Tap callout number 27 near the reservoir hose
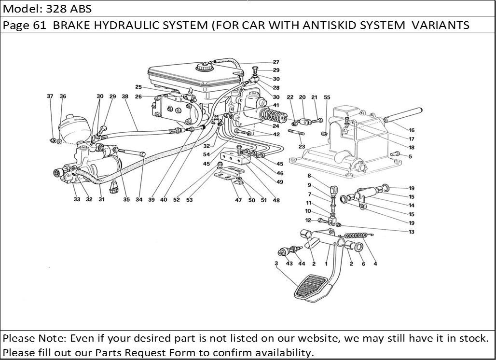click(276, 62)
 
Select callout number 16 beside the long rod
click(411, 130)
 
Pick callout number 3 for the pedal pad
click(276, 263)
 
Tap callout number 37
click(50, 97)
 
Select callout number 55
click(327, 97)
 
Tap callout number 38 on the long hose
click(125, 97)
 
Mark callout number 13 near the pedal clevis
click(411, 232)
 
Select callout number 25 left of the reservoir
click(138, 87)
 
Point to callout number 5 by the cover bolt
click(411, 156)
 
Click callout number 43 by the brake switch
click(289, 263)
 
